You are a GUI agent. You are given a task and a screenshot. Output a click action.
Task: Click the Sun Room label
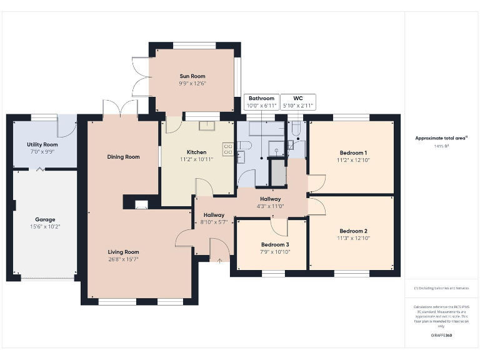click(x=192, y=76)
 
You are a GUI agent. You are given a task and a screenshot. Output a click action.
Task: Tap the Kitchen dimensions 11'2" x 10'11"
click(x=197, y=159)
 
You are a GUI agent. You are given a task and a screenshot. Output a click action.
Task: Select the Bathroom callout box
click(x=261, y=102)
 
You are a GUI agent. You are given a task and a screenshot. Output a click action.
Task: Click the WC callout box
click(x=297, y=102)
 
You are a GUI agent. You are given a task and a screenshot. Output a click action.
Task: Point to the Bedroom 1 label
click(x=353, y=152)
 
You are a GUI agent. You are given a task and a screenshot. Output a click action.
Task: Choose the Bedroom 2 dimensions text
click(x=354, y=238)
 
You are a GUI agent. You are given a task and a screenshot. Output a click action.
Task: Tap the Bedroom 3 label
click(x=275, y=244)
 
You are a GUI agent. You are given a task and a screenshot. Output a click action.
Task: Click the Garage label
click(x=45, y=219)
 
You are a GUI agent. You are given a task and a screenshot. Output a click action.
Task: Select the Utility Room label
click(x=42, y=144)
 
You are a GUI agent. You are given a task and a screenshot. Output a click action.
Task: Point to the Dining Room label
click(x=123, y=157)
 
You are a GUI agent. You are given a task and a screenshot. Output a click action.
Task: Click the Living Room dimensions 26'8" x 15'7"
click(x=123, y=259)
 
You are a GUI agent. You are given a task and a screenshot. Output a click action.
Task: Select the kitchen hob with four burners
click(x=228, y=149)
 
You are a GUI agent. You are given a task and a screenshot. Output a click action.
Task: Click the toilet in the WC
click(x=297, y=127)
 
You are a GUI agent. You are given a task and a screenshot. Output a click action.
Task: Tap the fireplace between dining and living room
click(x=142, y=203)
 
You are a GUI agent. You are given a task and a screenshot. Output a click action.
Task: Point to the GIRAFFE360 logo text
click(x=442, y=336)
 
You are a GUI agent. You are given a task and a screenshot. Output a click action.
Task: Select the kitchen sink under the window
click(x=206, y=126)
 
